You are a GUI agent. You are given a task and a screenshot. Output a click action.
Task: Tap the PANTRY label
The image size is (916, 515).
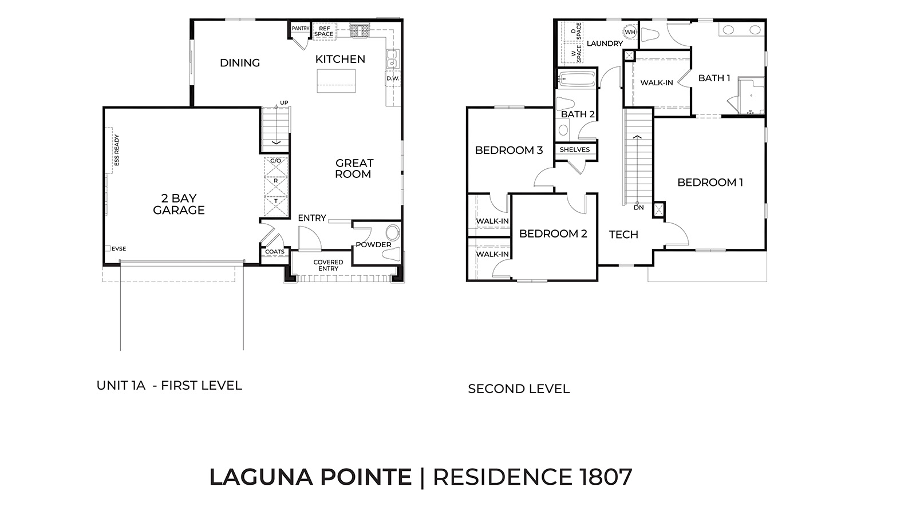301,28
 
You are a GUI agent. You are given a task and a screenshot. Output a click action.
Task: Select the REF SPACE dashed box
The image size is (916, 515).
323,31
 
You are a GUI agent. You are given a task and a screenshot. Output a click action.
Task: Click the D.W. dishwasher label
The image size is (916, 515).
392,78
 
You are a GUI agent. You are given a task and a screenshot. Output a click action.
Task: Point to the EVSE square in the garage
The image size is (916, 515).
108,248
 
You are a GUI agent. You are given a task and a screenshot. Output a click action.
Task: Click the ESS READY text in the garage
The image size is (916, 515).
116,150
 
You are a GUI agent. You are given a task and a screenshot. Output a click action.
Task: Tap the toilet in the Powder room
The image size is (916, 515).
393,233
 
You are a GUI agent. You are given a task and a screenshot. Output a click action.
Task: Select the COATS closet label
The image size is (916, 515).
275,252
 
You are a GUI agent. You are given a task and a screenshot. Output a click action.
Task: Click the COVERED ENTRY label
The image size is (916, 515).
328,265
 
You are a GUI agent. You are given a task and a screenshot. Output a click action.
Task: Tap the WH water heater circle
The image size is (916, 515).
630,32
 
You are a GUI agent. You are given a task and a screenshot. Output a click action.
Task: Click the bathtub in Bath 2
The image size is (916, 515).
577,80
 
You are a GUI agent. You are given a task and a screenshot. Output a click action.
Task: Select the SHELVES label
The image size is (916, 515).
575,150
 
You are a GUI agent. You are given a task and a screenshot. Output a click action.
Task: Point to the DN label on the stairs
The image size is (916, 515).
639,208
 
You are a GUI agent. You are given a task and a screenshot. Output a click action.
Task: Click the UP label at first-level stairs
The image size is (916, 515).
284,103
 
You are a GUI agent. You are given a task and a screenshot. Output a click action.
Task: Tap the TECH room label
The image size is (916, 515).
623,235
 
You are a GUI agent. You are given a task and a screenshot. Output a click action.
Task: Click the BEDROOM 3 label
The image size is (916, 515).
509,150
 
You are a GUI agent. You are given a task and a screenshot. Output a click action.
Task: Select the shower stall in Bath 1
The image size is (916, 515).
751,96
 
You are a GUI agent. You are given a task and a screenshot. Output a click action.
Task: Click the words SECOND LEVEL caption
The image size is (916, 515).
519,389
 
